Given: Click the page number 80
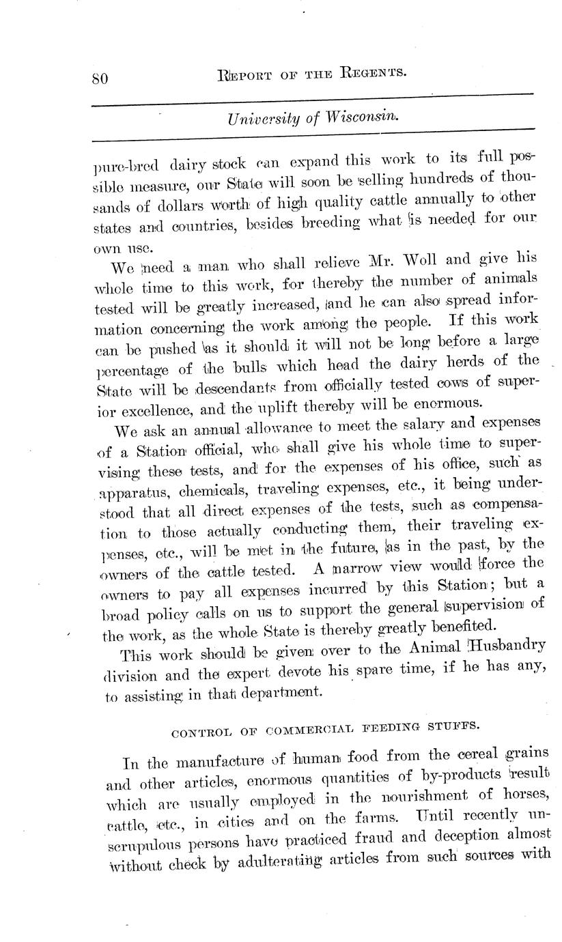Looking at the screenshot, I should pyautogui.click(x=100, y=77).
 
